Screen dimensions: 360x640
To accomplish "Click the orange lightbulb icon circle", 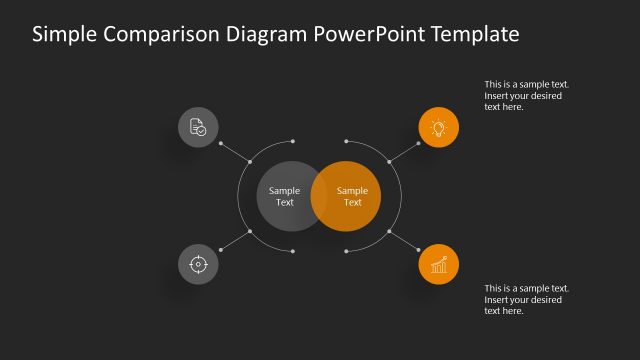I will [438, 127].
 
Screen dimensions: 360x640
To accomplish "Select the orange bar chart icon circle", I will [438, 264].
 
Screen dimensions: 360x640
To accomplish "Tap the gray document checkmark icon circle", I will [198, 127].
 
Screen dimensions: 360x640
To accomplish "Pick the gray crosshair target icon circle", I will [198, 264].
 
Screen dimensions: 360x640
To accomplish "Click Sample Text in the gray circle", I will [285, 196].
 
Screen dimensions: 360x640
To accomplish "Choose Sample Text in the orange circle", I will [353, 196].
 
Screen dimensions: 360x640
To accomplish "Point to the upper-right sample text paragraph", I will [527, 96].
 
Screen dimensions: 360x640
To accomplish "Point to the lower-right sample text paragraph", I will [527, 299].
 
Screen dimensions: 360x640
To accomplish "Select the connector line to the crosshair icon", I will [233, 241].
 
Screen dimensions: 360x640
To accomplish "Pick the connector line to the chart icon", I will [404, 241].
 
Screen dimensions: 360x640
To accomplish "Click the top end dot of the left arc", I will [292, 141].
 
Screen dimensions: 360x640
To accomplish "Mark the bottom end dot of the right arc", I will [346, 251].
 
